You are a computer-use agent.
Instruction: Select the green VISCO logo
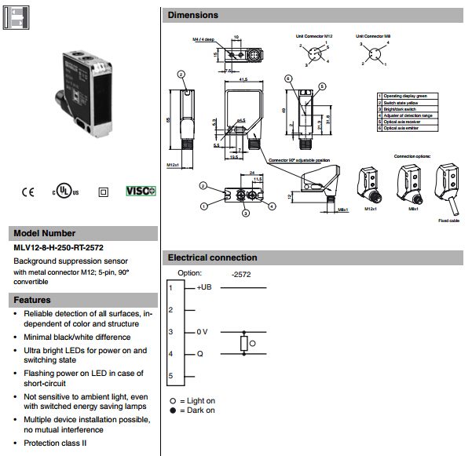(141, 192)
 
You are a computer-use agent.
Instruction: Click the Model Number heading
(46, 233)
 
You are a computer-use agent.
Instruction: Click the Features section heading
(33, 300)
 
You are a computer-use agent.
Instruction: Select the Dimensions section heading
(193, 15)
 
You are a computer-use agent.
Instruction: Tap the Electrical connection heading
(213, 257)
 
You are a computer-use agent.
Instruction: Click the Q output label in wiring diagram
(199, 354)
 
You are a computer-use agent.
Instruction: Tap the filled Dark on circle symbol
(171, 410)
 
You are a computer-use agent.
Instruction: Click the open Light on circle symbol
(171, 401)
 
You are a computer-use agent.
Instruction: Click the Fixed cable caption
(448, 221)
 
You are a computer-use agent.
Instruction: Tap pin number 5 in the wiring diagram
(170, 378)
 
